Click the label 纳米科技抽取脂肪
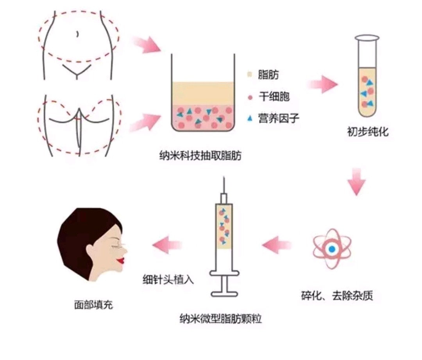[x=200, y=156]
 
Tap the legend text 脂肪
[x=268, y=75]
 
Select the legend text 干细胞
[x=274, y=97]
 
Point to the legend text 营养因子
[x=279, y=118]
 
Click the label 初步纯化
[x=368, y=132]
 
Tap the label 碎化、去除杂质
[x=337, y=296]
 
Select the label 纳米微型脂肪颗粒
[x=221, y=319]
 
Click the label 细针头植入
[x=168, y=280]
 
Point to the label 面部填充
[x=93, y=305]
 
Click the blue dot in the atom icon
[x=332, y=249]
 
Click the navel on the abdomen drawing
[x=78, y=34]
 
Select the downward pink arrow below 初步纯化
[x=357, y=182]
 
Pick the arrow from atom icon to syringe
[x=277, y=245]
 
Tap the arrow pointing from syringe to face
[x=167, y=245]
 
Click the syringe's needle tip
[x=224, y=177]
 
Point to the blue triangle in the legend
[x=250, y=118]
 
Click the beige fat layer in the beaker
[x=203, y=93]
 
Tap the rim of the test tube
[x=367, y=38]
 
